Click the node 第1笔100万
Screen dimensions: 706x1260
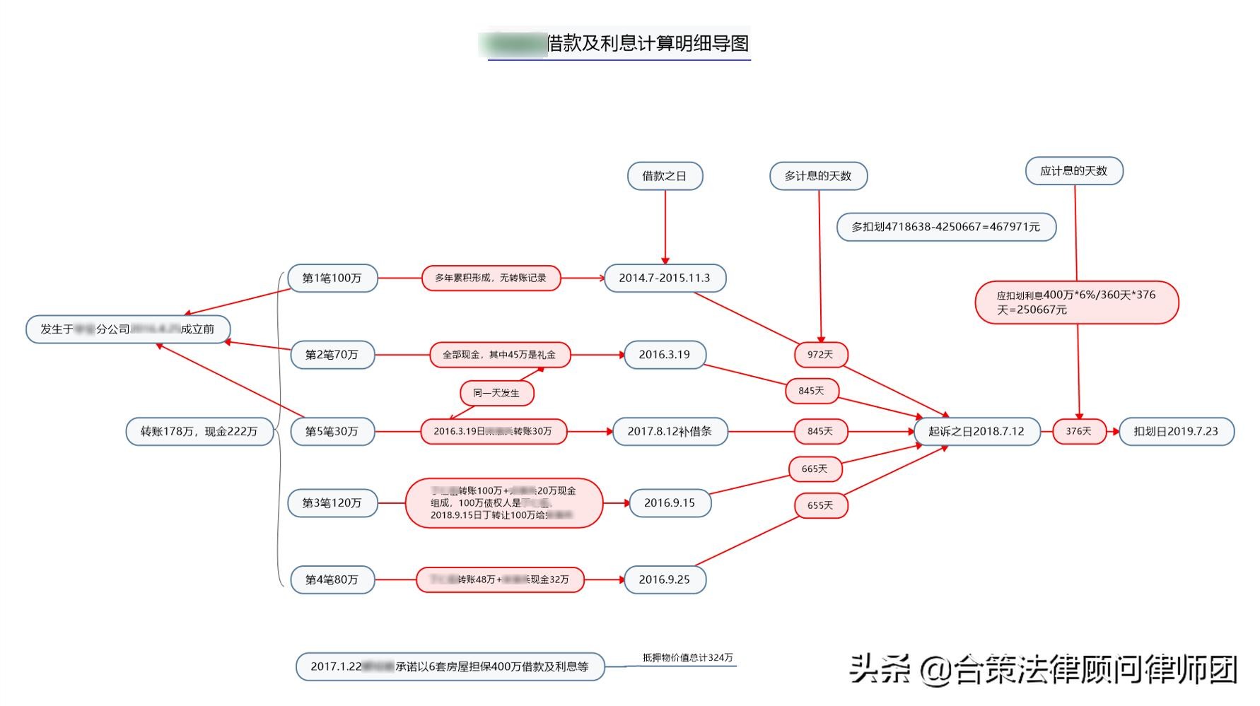[332, 278]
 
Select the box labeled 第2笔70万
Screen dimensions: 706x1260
[332, 355]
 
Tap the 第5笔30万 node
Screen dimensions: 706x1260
[332, 431]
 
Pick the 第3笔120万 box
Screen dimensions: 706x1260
[332, 503]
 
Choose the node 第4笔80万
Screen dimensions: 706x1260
[332, 579]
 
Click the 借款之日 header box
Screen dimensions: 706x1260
[665, 176]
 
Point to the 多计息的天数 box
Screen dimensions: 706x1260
[818, 176]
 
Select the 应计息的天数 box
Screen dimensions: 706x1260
[1074, 171]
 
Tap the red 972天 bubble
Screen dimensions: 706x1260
[820, 355]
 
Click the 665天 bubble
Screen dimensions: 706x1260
[815, 469]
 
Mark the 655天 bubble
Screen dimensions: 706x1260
[820, 505]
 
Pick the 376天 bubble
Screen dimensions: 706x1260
[1079, 431]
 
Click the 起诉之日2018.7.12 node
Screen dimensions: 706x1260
[976, 431]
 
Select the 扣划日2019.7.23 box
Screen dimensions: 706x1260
[1176, 431]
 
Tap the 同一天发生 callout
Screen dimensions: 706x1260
[496, 393]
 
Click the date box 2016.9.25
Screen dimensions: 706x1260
[665, 579]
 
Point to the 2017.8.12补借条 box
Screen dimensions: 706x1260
[670, 431]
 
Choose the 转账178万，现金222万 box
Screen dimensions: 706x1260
[199, 431]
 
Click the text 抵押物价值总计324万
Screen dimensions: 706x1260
[687, 658]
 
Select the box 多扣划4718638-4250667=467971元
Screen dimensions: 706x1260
[946, 227]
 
